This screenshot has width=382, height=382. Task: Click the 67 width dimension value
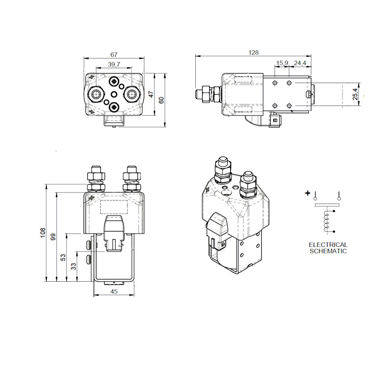point(113,55)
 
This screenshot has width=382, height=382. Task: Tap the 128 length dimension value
point(253,53)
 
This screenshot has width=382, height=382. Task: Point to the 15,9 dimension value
point(282,63)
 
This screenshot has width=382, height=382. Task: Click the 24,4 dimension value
point(300,63)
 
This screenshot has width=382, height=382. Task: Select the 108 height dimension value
point(42,233)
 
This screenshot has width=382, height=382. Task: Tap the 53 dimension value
point(63,257)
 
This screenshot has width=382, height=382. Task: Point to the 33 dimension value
point(74,266)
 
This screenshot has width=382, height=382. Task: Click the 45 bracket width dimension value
point(114,291)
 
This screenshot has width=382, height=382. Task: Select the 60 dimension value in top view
point(161,100)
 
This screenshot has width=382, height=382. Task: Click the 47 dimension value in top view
point(151,95)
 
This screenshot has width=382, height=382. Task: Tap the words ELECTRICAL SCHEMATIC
point(328,248)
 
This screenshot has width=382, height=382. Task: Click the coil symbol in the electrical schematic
point(328,221)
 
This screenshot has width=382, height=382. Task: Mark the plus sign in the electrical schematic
point(308,193)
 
